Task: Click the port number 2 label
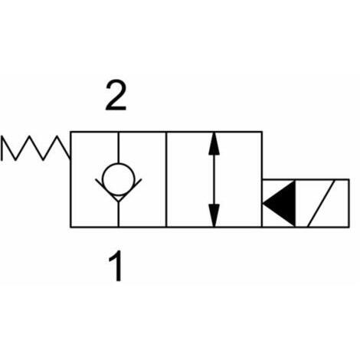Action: (x=116, y=96)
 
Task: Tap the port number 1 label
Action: (x=116, y=266)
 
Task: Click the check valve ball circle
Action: (x=118, y=179)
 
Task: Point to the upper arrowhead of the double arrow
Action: (x=214, y=143)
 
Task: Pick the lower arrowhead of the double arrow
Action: (x=214, y=215)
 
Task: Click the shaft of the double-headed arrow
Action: (x=214, y=179)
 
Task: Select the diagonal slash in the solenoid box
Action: (x=321, y=204)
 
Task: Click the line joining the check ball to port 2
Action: (x=119, y=147)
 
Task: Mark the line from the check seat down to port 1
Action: (x=119, y=214)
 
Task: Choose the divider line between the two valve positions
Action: (x=166, y=179)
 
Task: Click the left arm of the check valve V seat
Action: (x=106, y=190)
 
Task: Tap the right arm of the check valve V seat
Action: (x=130, y=190)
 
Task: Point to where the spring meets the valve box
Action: (x=70, y=157)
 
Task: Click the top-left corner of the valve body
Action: (x=70, y=132)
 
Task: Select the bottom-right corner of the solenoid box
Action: (x=349, y=227)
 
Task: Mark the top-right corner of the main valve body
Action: (x=262, y=132)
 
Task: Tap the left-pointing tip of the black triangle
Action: (x=263, y=204)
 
